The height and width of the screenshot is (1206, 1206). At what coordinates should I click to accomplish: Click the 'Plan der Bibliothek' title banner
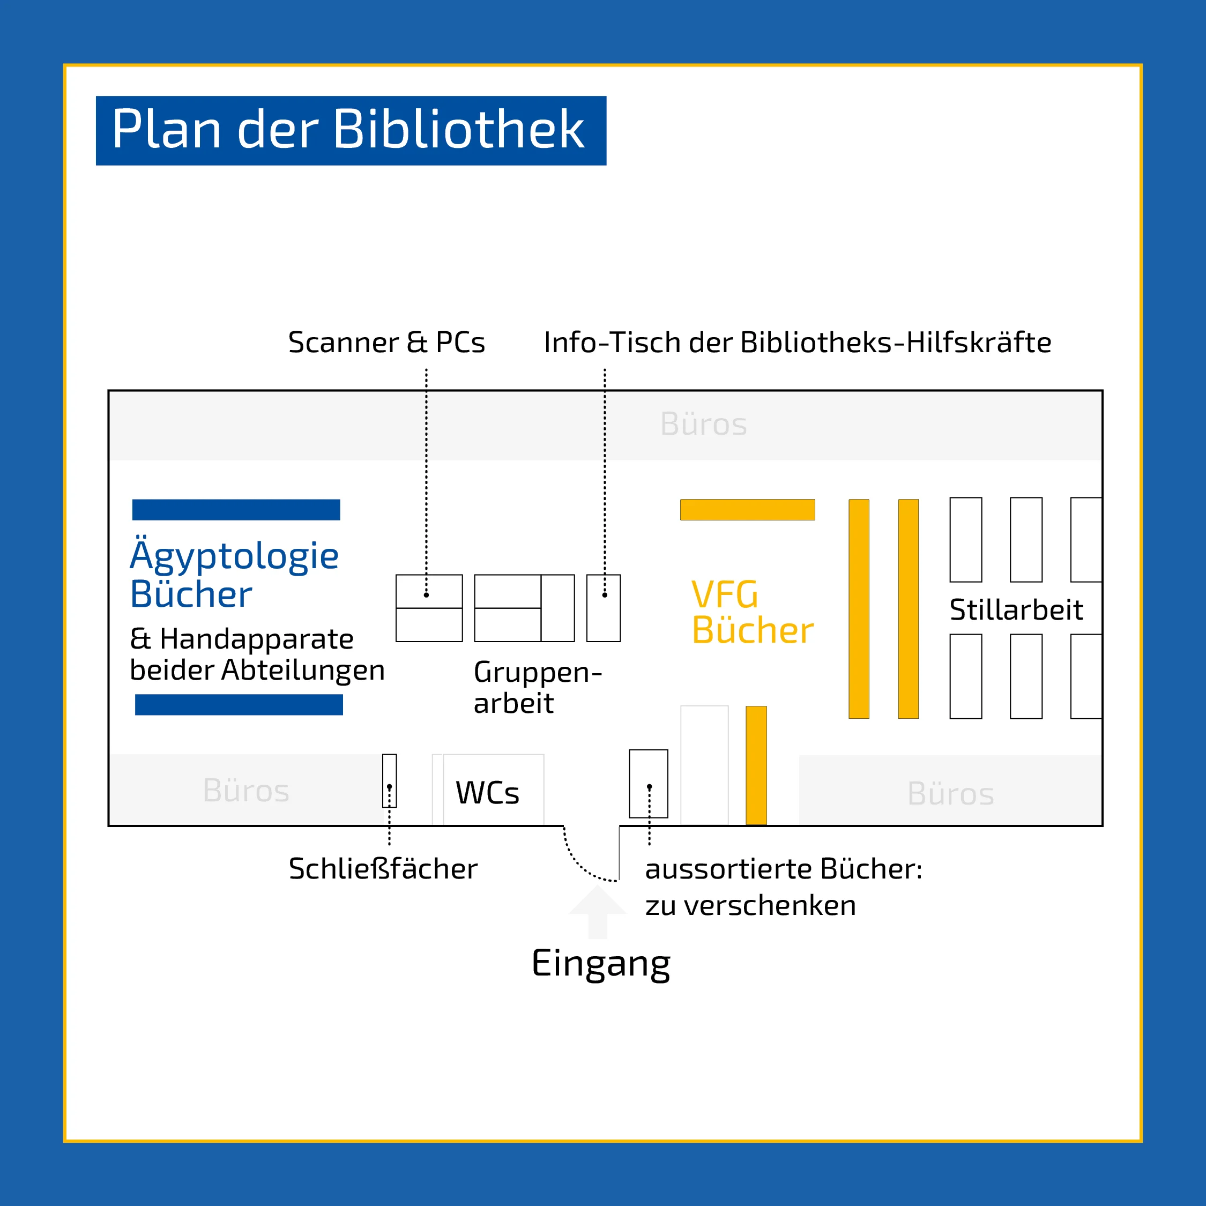351,130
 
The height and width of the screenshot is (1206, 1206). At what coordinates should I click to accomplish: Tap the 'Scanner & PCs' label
386,342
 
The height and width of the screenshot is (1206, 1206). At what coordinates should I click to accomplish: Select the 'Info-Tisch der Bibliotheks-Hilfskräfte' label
797,342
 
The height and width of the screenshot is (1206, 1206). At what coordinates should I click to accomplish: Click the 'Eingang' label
600,963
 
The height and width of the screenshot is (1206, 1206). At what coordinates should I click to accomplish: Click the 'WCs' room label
488,793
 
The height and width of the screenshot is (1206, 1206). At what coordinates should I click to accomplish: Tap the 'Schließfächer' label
383,868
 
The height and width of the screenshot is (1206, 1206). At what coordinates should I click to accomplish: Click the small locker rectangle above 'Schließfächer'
390,780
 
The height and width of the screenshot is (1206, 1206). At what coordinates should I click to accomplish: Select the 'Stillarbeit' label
1016,610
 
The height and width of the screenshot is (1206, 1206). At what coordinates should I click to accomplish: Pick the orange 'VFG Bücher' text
752,612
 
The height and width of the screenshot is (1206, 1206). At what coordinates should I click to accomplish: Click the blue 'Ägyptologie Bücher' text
234,574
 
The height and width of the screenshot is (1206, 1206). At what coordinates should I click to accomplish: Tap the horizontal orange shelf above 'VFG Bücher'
747,509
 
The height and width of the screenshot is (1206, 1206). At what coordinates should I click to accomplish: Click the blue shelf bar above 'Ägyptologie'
236,509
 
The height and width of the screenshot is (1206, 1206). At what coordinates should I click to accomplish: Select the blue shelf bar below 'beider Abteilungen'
239,705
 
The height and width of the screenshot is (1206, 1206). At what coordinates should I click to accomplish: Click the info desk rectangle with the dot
604,608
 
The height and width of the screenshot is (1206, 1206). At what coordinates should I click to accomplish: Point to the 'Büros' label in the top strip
703,425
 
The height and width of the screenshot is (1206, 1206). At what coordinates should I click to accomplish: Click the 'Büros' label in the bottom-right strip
950,794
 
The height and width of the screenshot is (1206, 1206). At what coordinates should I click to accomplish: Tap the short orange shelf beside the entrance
756,765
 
